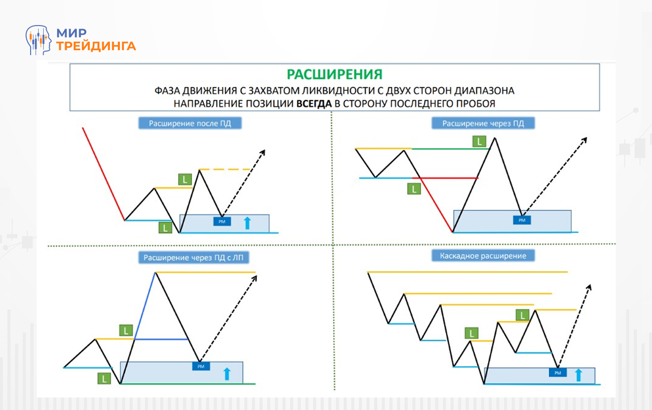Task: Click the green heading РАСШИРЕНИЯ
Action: coord(335,74)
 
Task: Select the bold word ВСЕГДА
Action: coord(314,104)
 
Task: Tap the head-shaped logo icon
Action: coord(39,40)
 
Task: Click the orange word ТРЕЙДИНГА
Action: coord(96,46)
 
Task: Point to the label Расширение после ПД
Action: coord(190,123)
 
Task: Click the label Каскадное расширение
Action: coord(483,256)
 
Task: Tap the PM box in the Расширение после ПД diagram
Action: coord(222,221)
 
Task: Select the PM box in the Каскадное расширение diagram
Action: coord(557,372)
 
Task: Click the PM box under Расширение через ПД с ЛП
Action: coord(201,366)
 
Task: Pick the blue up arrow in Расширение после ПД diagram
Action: coord(247,223)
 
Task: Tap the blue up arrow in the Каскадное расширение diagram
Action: coord(578,374)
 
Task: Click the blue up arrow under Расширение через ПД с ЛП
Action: coord(227,373)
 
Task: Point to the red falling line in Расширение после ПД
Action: coord(103,173)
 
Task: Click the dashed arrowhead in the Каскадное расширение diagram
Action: coord(589,287)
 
